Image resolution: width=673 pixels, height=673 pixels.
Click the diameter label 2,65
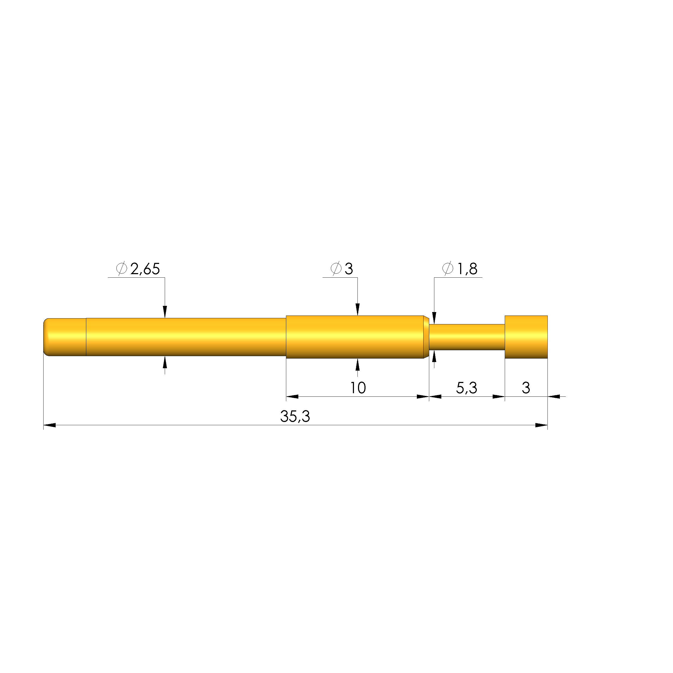145,269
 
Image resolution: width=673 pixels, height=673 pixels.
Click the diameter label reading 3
349,269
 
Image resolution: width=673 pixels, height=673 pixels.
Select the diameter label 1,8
467,269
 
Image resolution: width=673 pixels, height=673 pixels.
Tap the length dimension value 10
358,388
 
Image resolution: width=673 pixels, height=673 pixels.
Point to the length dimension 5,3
466,388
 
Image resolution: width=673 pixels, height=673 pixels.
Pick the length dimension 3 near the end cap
526,388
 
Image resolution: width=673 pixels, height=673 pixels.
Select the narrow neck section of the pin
467,337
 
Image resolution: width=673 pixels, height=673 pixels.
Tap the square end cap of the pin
526,337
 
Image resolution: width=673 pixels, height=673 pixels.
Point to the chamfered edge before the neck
426,337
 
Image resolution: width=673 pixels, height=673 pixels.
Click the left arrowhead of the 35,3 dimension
49,425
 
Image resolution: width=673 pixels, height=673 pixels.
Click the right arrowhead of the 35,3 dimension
541,425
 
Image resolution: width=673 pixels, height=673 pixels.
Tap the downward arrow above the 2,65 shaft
165,312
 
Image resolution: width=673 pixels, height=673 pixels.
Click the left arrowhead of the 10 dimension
292,396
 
